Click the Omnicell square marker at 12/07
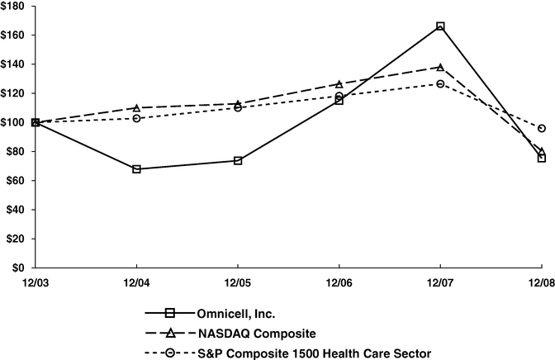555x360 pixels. point(440,26)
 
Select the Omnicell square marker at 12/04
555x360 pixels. point(136,169)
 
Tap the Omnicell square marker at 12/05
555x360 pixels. point(238,160)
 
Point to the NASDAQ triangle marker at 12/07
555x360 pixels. point(440,67)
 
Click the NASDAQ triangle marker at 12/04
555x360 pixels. point(136,107)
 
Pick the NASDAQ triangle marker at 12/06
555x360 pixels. point(339,84)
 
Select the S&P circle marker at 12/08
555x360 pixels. point(542,128)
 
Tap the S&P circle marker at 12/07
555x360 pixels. point(440,83)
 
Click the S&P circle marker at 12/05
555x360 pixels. point(238,107)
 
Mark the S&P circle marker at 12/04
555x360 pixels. point(136,118)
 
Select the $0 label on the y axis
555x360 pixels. point(20,268)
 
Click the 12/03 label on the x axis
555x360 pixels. point(35,282)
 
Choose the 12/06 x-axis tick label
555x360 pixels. point(339,282)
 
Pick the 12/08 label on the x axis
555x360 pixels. point(541,282)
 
